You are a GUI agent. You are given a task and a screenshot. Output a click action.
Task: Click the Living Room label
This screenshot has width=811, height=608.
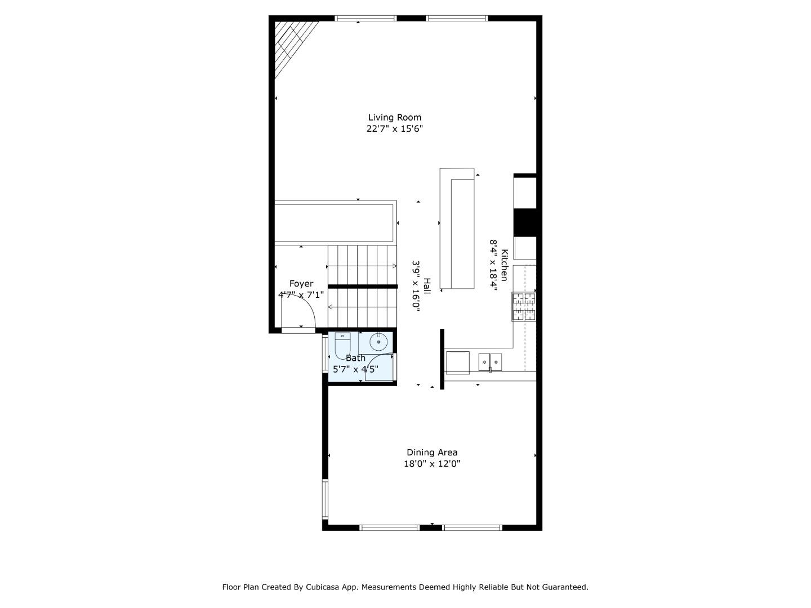(x=394, y=118)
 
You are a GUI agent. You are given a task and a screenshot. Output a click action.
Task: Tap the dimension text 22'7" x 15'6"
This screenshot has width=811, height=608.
(x=394, y=129)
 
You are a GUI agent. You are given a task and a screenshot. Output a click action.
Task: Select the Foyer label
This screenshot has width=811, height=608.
(x=301, y=284)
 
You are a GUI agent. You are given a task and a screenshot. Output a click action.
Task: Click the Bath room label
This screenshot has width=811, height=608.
(x=355, y=357)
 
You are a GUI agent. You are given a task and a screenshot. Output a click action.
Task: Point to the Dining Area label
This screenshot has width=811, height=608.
(x=432, y=452)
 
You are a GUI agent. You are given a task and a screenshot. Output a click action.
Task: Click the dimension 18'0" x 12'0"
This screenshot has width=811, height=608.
(x=432, y=464)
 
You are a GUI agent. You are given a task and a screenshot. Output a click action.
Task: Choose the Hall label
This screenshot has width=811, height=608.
(x=427, y=286)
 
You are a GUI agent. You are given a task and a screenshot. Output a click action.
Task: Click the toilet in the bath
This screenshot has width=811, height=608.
(x=342, y=346)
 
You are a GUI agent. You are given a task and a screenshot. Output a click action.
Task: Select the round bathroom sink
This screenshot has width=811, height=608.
(x=378, y=342)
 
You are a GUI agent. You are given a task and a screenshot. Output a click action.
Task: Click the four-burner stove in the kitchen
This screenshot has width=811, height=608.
(x=524, y=307)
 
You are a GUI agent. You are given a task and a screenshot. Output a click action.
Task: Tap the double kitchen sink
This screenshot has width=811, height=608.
(x=491, y=362)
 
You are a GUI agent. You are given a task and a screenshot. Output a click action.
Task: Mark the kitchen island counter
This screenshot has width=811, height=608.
(x=457, y=228)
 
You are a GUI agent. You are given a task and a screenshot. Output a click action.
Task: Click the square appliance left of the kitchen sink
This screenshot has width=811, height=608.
(x=458, y=363)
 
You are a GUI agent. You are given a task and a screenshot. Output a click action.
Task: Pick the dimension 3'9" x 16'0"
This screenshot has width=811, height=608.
(x=416, y=287)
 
